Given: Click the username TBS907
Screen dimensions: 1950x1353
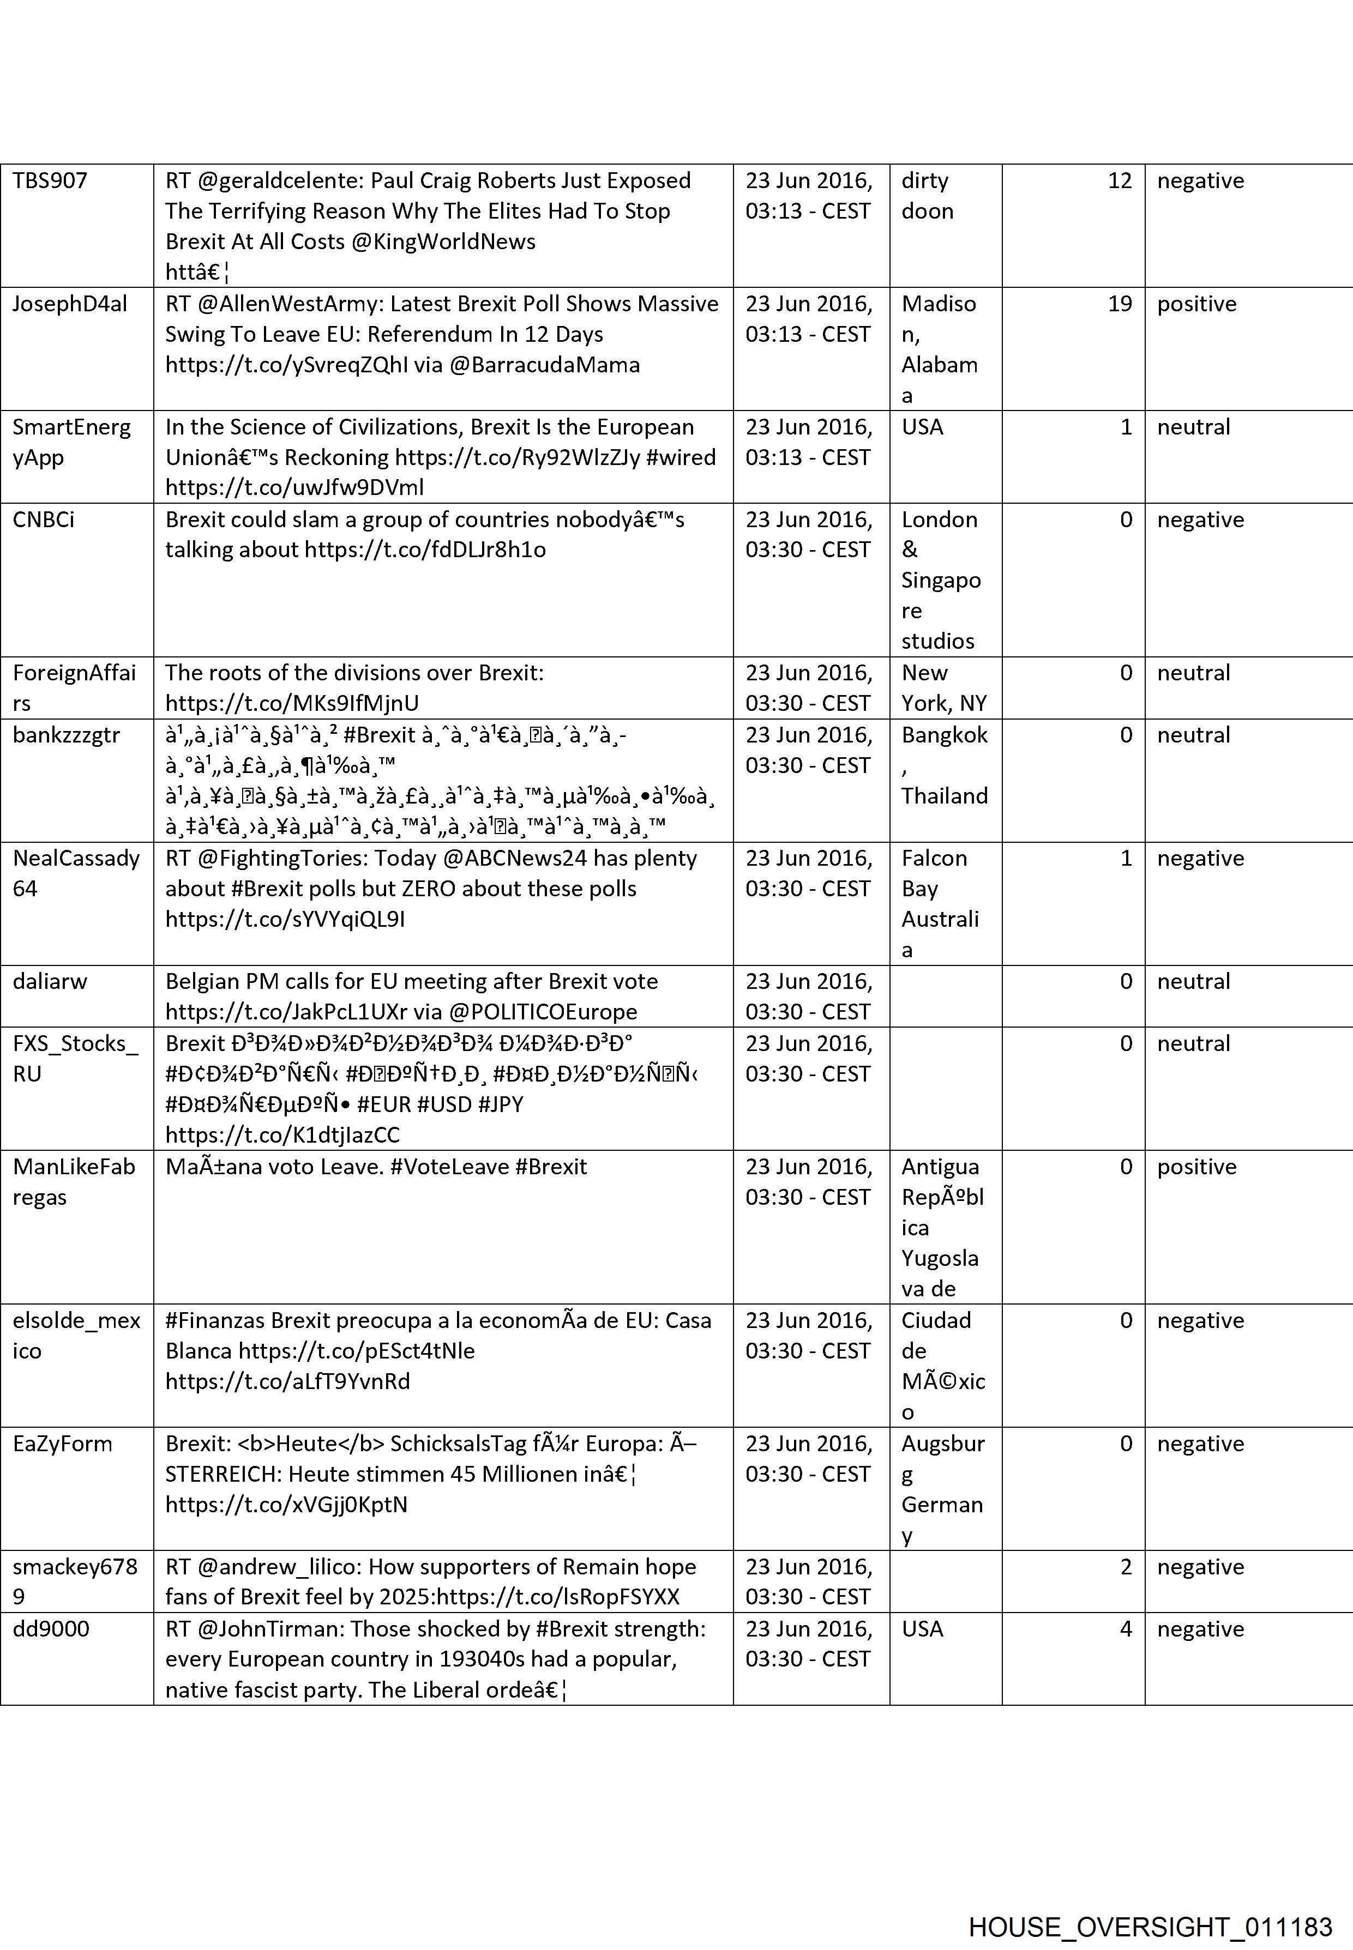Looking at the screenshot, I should pos(50,180).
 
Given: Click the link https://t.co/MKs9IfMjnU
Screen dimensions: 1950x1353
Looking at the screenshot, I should pos(292,703).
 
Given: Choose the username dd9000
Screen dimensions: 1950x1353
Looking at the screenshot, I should pos(51,1628).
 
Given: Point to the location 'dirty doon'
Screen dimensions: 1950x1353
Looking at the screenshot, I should pos(927,196).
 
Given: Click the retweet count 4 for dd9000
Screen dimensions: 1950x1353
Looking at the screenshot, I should pos(1125,1628).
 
